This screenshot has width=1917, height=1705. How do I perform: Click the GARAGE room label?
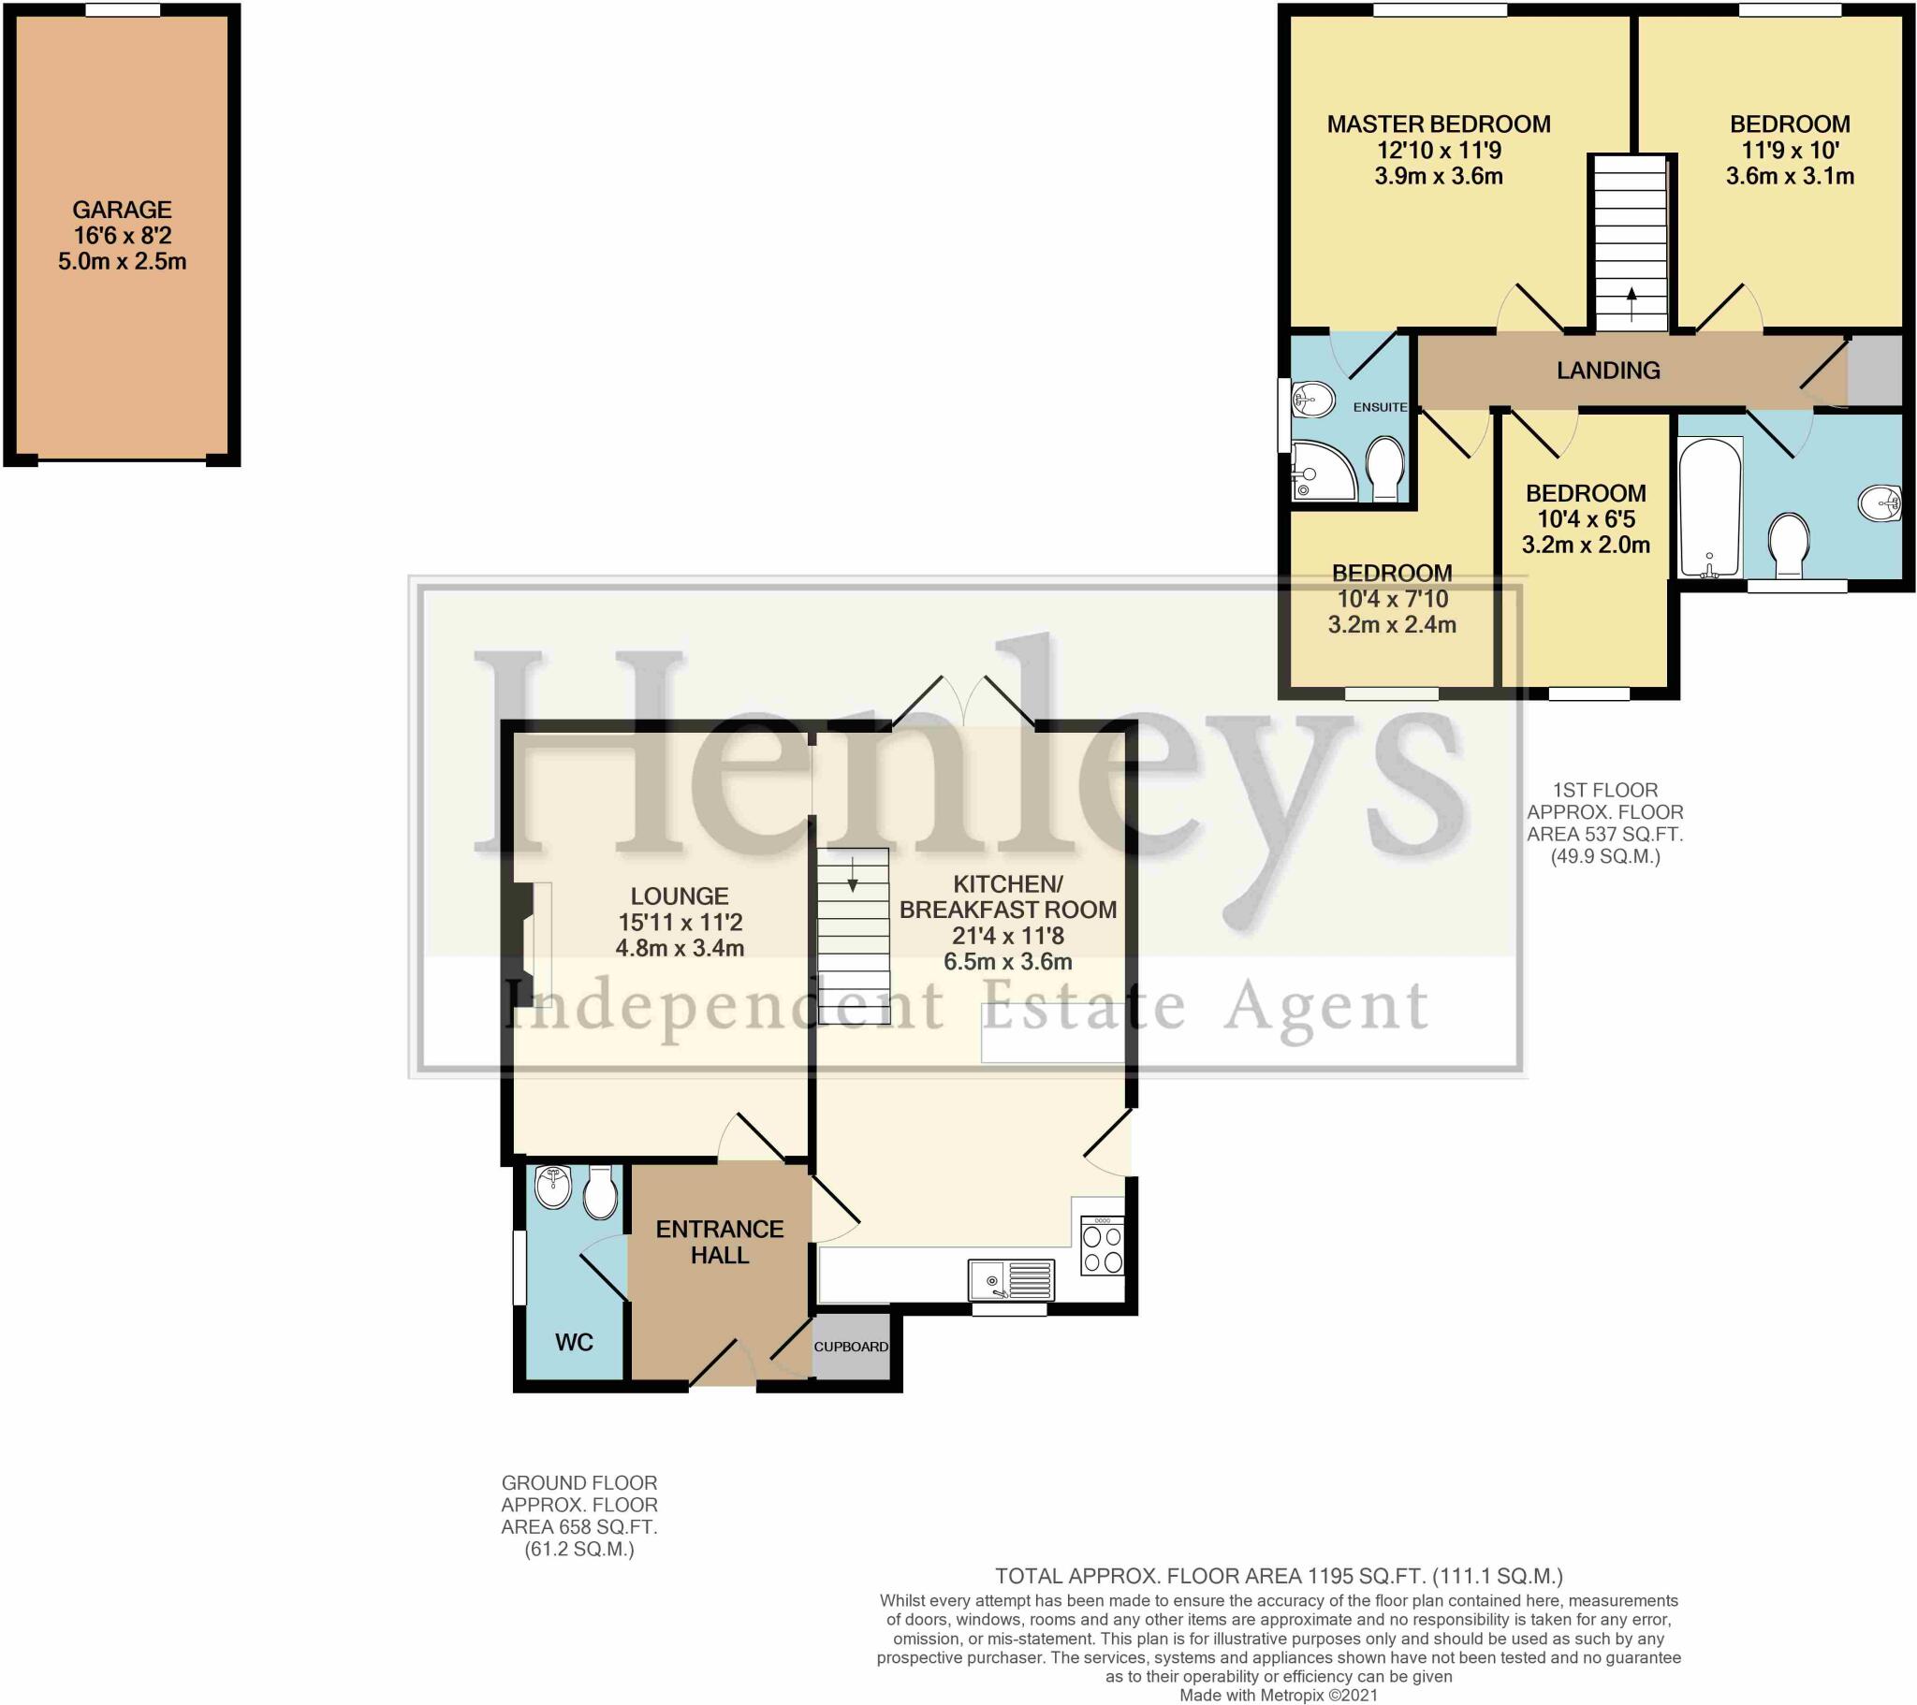coord(122,210)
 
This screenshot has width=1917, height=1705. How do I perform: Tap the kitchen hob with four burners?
coord(1102,1247)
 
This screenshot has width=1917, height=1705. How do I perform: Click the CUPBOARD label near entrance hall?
coord(851,1347)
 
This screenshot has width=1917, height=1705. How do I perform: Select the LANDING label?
coord(1607,371)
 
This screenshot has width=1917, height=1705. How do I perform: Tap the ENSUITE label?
coord(1380,407)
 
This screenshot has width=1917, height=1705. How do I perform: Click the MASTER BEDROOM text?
coord(1438,124)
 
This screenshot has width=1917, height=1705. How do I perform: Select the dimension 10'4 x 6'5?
coord(1585,518)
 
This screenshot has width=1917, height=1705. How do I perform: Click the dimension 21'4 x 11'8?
coord(1007,935)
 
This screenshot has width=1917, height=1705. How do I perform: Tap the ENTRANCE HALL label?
coord(720,1242)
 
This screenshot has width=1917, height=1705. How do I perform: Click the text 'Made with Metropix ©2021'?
coord(1279,1695)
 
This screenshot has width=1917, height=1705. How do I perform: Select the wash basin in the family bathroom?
coord(1880,504)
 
